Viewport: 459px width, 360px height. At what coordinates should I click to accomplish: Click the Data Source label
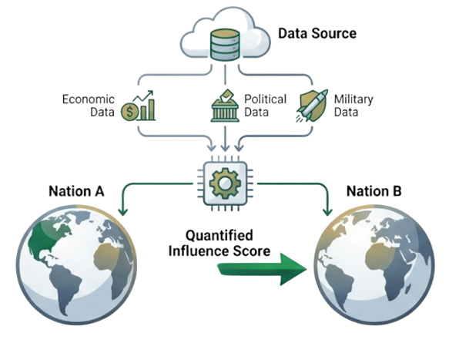pyautogui.click(x=317, y=33)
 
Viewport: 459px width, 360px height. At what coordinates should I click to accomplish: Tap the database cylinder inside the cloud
pyautogui.click(x=225, y=45)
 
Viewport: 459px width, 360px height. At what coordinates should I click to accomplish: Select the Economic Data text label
pyautogui.click(x=88, y=106)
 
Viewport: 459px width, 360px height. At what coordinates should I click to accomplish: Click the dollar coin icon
pyautogui.click(x=130, y=112)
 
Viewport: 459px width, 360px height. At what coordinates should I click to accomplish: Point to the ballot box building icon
pyautogui.click(x=225, y=106)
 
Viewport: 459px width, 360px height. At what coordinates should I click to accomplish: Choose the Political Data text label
pyautogui.click(x=265, y=106)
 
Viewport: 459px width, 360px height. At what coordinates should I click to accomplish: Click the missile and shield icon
pyautogui.click(x=311, y=106)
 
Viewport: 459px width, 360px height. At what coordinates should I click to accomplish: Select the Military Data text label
pyautogui.click(x=353, y=106)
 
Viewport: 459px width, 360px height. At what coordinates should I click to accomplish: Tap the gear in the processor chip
pyautogui.click(x=225, y=183)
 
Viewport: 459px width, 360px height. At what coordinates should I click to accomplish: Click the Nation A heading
pyautogui.click(x=76, y=191)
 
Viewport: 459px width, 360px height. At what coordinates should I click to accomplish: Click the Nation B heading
pyautogui.click(x=374, y=191)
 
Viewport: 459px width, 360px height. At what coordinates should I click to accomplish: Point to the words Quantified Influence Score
pyautogui.click(x=219, y=244)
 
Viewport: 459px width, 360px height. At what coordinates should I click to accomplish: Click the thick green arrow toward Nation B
pyautogui.click(x=262, y=269)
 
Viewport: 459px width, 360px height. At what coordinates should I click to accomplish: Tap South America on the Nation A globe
pyautogui.click(x=67, y=287)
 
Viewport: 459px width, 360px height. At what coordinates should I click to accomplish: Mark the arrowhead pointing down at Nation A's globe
pyautogui.click(x=122, y=212)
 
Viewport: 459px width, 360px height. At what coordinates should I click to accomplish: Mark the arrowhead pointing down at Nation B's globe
pyautogui.click(x=327, y=212)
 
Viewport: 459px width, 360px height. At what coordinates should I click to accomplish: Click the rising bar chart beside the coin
pyautogui.click(x=146, y=106)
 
